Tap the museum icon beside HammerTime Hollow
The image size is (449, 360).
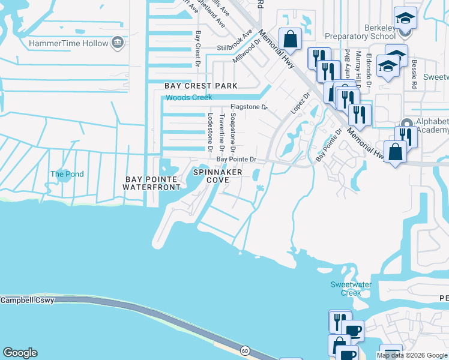[x=117, y=43]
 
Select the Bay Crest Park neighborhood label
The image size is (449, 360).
[x=201, y=86]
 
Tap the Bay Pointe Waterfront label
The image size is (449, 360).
[x=151, y=183]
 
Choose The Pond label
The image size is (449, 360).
[x=67, y=174]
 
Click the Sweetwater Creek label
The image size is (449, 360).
[x=346, y=289]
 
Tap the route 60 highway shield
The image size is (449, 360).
[x=245, y=350]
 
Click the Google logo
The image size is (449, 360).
[x=20, y=353]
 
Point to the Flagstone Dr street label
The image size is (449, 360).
[x=249, y=107]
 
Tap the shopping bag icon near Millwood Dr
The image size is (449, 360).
[x=290, y=40]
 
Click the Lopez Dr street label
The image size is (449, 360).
[x=299, y=104]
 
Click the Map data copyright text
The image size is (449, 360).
[x=412, y=355]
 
